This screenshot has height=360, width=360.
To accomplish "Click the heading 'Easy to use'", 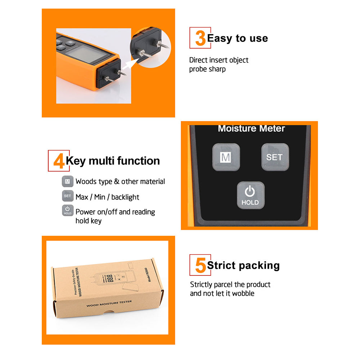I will [x=238, y=39].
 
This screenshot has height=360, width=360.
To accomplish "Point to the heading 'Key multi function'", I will [x=113, y=161].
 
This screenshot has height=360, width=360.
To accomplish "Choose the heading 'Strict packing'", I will [x=243, y=266].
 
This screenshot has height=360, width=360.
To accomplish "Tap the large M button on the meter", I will [x=226, y=157].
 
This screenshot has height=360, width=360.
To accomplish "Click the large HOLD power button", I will [x=250, y=195].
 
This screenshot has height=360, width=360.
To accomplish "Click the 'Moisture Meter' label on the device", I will [x=251, y=129].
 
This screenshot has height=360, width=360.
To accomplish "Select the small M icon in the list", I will [x=67, y=181].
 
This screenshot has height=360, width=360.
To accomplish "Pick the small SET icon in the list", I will [x=67, y=196].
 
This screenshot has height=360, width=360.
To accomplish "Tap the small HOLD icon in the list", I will [x=67, y=211].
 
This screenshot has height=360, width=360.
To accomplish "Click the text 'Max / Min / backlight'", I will [x=107, y=197].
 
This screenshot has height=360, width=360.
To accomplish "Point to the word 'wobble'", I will [x=243, y=293].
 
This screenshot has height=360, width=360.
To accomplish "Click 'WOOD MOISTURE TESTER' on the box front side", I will [x=109, y=304].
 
